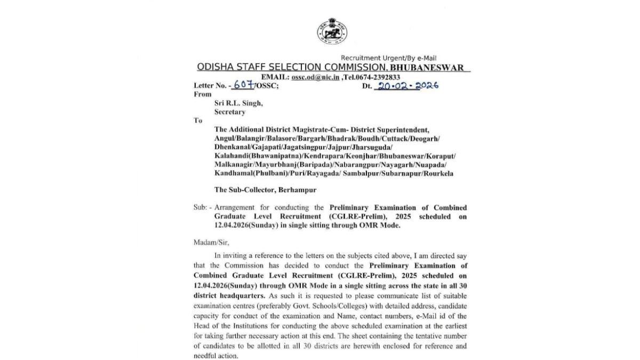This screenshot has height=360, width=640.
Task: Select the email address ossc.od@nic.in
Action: point(315,77)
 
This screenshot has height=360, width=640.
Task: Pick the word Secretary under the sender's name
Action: point(230,112)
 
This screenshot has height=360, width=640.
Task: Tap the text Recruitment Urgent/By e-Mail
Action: point(389,58)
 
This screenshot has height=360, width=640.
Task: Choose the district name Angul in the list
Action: point(224,138)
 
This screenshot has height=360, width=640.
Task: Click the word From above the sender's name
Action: point(202,94)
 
